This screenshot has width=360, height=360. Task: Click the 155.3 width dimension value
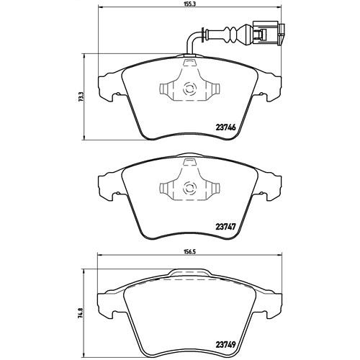[189, 4]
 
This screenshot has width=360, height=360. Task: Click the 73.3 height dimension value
[81, 97]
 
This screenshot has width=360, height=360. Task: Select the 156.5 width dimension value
[189, 252]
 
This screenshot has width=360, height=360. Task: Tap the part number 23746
[225, 127]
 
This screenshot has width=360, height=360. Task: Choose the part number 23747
[225, 226]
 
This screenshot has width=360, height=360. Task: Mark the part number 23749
[225, 345]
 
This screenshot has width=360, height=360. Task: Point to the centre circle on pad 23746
[189, 89]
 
